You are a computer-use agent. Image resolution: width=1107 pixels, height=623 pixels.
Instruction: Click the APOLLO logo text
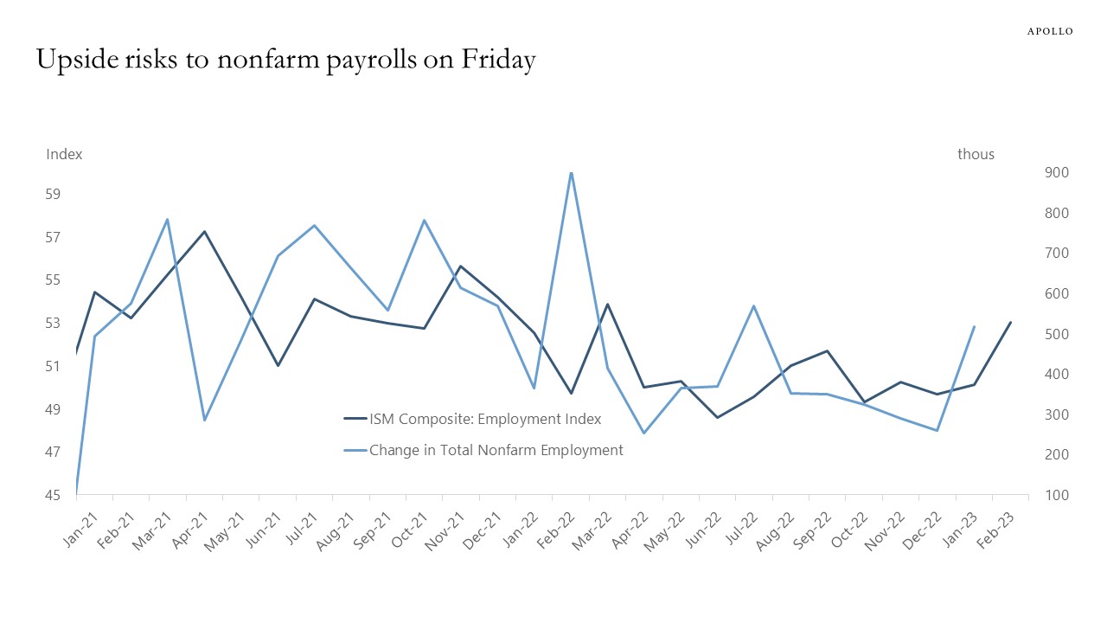click(x=1050, y=31)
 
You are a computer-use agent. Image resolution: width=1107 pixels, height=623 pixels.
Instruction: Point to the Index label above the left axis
click(x=64, y=154)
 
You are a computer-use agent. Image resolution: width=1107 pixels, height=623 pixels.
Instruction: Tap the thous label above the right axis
click(x=976, y=154)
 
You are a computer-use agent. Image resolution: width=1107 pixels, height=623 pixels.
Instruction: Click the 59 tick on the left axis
click(x=54, y=194)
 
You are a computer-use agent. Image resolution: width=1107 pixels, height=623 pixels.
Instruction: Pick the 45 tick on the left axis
click(x=54, y=495)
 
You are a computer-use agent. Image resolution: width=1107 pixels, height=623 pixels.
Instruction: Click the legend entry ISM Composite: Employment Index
click(x=484, y=420)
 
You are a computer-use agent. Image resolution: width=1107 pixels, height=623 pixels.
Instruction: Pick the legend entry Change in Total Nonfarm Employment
click(x=496, y=450)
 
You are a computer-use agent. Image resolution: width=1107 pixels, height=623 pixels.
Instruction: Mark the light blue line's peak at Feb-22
click(x=571, y=173)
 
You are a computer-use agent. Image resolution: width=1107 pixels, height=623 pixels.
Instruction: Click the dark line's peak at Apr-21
click(x=204, y=232)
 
